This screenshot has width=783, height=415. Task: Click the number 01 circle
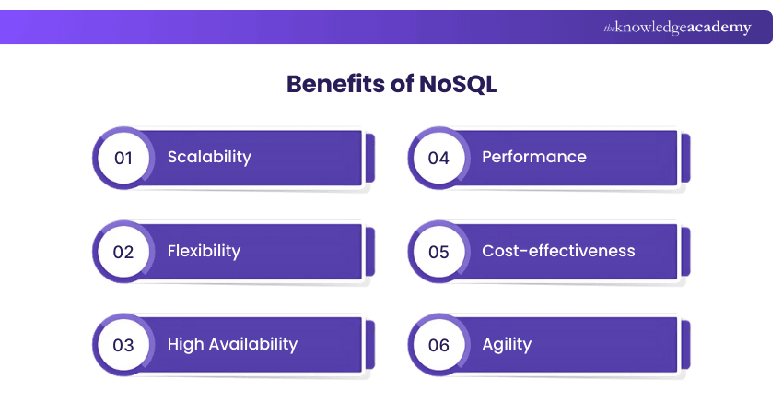point(123,158)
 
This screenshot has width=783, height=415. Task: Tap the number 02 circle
point(123,252)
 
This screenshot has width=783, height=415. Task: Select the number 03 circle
point(123,345)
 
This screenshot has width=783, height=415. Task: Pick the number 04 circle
point(438,158)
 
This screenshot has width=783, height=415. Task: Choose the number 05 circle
point(438,252)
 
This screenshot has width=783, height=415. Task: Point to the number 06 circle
point(438,345)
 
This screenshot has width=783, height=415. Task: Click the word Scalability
point(209,157)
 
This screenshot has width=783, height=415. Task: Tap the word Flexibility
point(204,251)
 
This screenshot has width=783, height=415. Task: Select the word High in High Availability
point(185,344)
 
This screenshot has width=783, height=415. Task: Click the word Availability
point(252,344)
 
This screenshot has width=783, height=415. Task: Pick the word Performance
point(534,157)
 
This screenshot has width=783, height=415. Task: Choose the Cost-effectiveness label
point(558,251)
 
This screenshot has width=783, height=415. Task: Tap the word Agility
point(507,345)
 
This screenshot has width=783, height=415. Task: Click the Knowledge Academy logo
point(677,28)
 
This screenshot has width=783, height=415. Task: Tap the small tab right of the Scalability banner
point(370,158)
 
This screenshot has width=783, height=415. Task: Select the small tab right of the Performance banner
point(684,158)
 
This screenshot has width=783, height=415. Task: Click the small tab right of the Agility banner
point(684,345)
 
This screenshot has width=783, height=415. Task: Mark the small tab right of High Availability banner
point(370,345)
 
